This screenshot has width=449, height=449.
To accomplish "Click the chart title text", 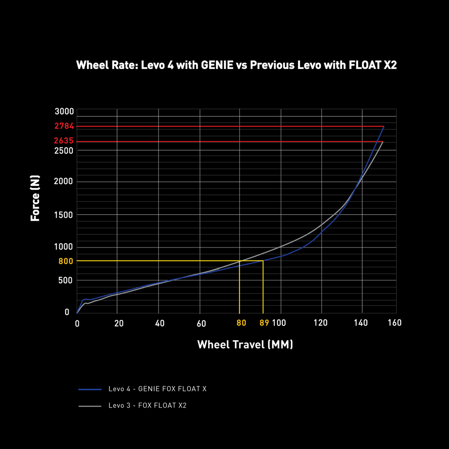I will pyautogui.click(x=236, y=65).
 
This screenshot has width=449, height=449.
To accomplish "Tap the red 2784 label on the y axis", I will pyautogui.click(x=64, y=126).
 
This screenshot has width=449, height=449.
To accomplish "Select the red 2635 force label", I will pyautogui.click(x=64, y=140).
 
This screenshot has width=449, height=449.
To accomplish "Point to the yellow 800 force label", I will pyautogui.click(x=66, y=261).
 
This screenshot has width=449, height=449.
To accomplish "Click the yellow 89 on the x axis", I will pyautogui.click(x=264, y=323).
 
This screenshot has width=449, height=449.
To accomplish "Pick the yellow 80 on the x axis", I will pyautogui.click(x=241, y=323).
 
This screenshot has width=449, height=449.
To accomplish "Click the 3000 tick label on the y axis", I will pyautogui.click(x=64, y=111).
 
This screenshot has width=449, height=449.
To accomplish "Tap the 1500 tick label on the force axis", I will pyautogui.click(x=63, y=215).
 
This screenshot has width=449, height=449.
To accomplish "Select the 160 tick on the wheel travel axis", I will pyautogui.click(x=395, y=323).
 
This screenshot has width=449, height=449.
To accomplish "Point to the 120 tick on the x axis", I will pyautogui.click(x=320, y=323).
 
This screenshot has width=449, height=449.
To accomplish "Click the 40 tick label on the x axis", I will pyautogui.click(x=160, y=323).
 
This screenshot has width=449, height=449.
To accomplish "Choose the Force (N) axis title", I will pyautogui.click(x=35, y=198).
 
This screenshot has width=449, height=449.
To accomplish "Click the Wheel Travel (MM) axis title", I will pyautogui.click(x=245, y=345).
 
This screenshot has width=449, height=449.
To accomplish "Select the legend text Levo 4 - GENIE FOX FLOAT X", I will pyautogui.click(x=157, y=389).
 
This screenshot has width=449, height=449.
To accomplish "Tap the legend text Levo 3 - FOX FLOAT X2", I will pyautogui.click(x=148, y=405).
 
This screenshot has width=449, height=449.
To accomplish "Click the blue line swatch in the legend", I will pyautogui.click(x=90, y=389).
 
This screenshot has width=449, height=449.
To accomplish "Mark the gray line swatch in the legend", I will pyautogui.click(x=90, y=406).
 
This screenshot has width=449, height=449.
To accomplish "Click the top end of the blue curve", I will pyautogui.click(x=384, y=127).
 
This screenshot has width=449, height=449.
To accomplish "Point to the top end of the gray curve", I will pyautogui.click(x=383, y=142).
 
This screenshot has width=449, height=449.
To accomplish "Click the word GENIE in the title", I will pyautogui.click(x=217, y=65).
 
